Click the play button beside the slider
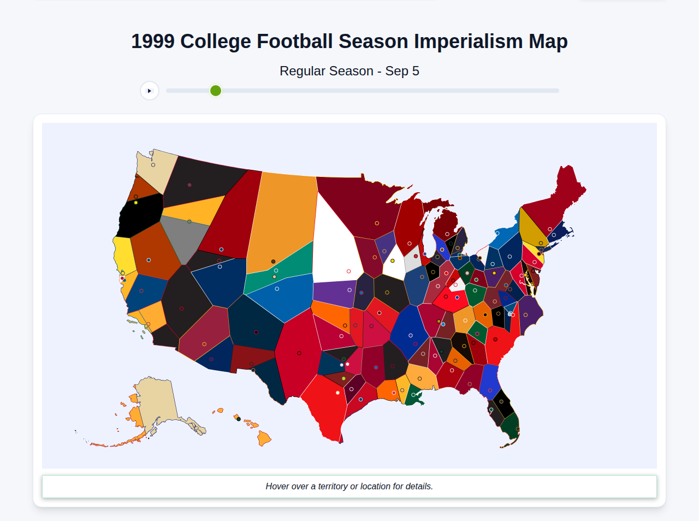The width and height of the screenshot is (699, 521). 149,91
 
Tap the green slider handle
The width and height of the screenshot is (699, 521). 216,91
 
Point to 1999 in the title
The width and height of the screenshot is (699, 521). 153,42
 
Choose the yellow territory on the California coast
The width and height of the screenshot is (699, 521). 124,254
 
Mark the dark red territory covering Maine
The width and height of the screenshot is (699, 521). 562,197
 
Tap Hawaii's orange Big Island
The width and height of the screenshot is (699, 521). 264,438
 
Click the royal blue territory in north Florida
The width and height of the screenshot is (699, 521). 489,380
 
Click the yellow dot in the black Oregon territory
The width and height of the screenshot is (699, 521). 136,203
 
